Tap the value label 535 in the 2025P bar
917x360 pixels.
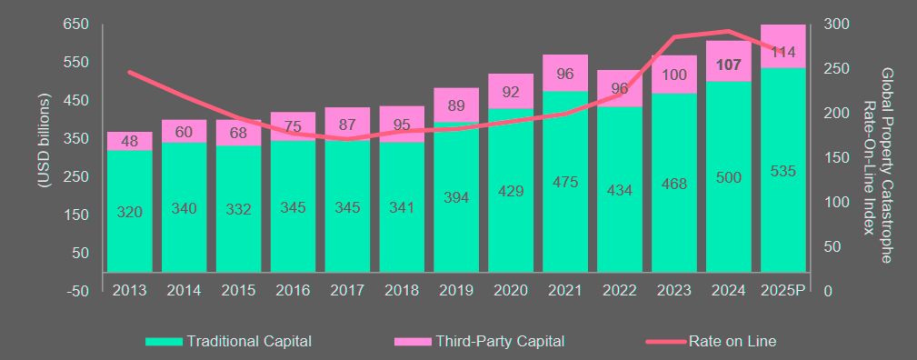point(783,170)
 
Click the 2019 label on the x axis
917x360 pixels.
point(456,291)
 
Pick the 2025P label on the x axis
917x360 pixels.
point(783,291)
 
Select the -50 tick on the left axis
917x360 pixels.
point(77,291)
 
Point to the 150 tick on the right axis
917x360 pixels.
point(836,157)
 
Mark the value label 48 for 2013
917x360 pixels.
point(129,141)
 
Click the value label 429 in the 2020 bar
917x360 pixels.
point(511,191)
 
